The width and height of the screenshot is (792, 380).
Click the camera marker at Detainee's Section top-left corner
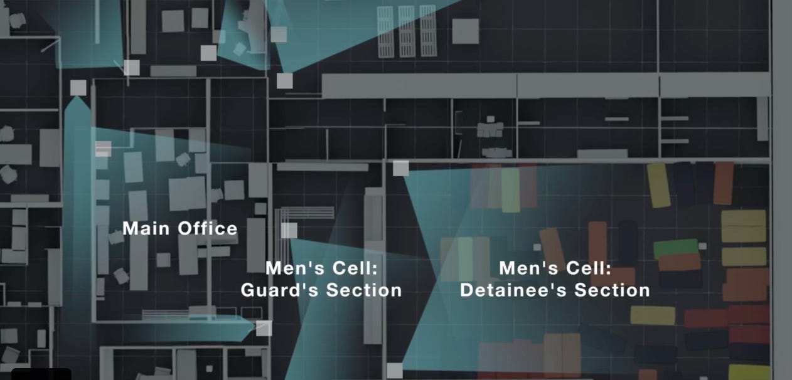pos(400,168)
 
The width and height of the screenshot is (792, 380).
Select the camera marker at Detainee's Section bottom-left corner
pos(394,371)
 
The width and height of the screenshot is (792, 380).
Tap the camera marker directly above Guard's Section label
pos(289,230)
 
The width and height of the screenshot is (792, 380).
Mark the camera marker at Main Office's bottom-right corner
pos(264,328)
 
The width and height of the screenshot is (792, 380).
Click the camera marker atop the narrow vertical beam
pos(77,88)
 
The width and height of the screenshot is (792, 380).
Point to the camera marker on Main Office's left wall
pos(103,149)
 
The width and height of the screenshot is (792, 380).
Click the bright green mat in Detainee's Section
pos(675,247)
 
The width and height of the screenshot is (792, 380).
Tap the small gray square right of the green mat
pos(703,246)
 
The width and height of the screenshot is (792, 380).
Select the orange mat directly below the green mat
pos(679,261)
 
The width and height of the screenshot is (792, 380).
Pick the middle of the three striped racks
pos(407,31)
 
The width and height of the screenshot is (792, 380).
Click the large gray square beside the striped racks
pos(465,31)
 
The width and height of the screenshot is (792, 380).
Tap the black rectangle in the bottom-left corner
pos(41,374)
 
